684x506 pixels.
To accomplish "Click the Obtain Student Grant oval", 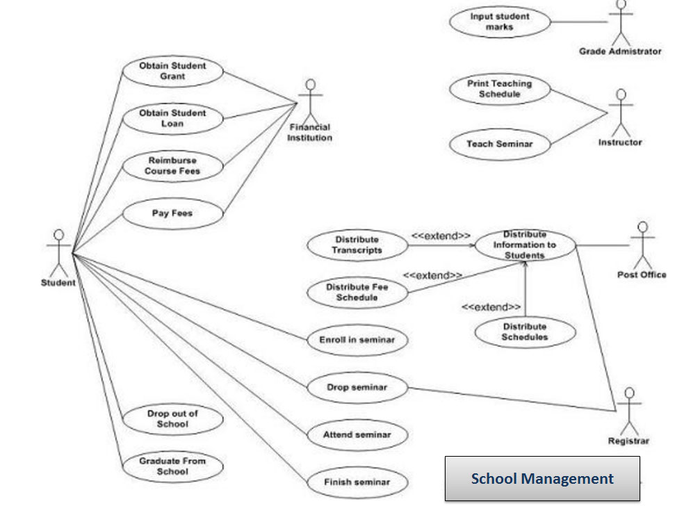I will tap(172, 71).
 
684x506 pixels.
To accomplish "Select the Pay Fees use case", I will tap(172, 213).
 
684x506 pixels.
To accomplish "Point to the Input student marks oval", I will tap(499, 22).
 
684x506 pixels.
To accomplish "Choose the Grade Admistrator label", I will tap(620, 51).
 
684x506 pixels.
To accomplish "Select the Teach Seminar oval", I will tap(499, 144).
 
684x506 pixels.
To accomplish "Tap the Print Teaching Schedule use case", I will tap(499, 89).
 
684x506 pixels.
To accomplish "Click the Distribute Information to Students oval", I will tap(525, 245).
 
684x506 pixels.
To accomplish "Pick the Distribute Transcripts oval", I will tap(357, 245).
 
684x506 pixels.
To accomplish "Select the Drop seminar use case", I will tap(357, 387).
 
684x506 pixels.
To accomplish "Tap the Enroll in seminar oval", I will tap(357, 340).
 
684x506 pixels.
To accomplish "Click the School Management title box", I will tap(542, 478).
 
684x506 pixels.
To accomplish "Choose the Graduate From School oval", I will tap(172, 466).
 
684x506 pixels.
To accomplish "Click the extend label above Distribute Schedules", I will tap(491, 307).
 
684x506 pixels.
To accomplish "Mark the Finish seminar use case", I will tap(357, 482).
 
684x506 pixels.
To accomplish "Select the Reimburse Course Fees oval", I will tap(172, 165).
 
